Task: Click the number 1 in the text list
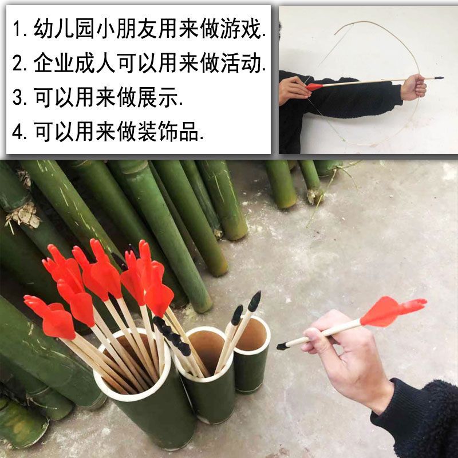tap(17, 29)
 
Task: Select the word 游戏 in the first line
tap(240, 29)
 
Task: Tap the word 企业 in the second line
tap(54, 63)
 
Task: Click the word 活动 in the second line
tap(240, 63)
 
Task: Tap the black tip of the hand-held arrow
tap(282, 346)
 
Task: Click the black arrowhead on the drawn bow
tap(439, 78)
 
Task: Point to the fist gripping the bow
tap(413, 86)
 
